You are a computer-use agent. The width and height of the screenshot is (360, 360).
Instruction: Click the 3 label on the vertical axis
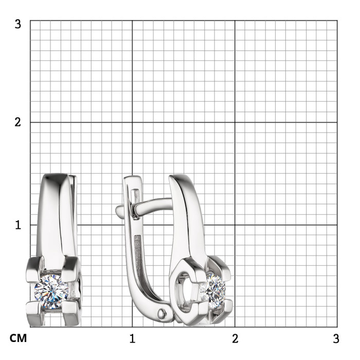pyautogui.click(x=17, y=24)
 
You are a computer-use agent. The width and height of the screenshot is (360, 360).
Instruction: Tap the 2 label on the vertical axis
pyautogui.click(x=17, y=122)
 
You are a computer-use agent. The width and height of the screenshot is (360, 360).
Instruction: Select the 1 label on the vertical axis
pyautogui.click(x=18, y=225)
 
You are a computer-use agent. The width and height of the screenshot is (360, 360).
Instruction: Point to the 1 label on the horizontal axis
pyautogui.click(x=132, y=338)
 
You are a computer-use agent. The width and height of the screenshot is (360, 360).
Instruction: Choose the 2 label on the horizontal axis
pyautogui.click(x=235, y=338)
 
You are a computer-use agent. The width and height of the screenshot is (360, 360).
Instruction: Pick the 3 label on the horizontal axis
pyautogui.click(x=336, y=338)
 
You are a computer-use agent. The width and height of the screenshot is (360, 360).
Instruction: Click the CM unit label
pyautogui.click(x=18, y=338)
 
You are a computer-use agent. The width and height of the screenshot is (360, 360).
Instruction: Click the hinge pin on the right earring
pyautogui.click(x=162, y=313)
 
